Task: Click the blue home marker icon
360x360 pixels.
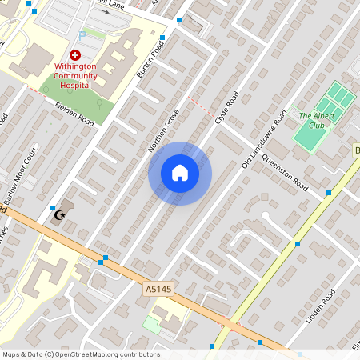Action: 180,173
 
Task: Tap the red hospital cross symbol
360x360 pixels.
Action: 75,55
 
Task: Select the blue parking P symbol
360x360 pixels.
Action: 82,36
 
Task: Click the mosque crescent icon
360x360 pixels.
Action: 58,214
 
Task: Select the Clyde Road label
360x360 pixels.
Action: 227,110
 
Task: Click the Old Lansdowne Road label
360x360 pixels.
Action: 264,139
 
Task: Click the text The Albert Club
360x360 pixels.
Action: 316,120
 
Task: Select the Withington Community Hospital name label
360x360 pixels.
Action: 76,75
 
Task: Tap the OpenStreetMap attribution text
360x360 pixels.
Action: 80,354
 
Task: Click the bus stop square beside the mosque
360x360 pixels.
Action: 53,207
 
